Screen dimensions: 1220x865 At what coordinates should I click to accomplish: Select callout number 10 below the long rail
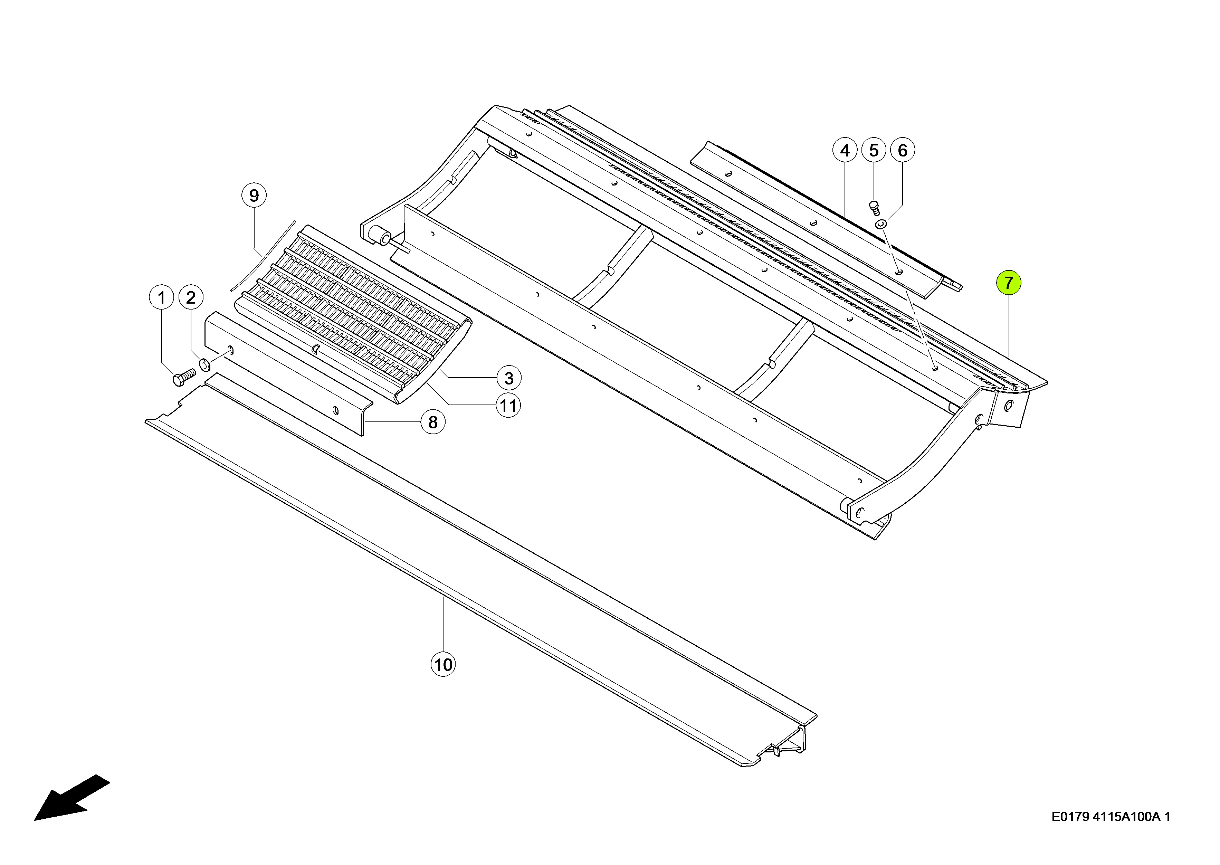[x=443, y=664]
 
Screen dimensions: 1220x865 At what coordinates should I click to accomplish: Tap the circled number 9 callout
[x=254, y=196]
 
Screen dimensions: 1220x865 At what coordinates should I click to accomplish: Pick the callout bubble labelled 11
[x=508, y=406]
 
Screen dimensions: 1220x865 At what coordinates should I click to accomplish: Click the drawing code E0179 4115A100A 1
[x=1111, y=817]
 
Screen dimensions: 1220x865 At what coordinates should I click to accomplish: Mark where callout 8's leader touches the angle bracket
[x=365, y=422]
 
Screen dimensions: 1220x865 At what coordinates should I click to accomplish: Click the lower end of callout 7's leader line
[x=1009, y=356]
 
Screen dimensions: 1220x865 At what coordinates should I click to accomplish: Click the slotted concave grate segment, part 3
[x=353, y=314]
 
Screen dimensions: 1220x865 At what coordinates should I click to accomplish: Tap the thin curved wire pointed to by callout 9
[x=263, y=256]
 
